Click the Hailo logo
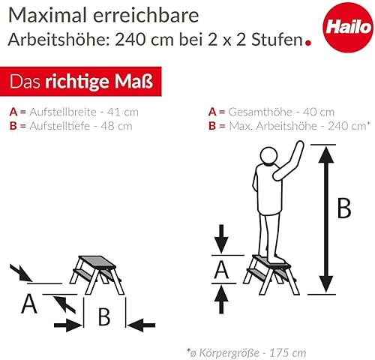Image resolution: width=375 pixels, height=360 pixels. tap(348, 27)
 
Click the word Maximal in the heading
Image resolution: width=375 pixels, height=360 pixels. tap(47, 15)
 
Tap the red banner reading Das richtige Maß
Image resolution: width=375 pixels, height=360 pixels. tap(81, 81)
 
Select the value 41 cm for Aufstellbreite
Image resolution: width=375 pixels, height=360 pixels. tap(123, 112)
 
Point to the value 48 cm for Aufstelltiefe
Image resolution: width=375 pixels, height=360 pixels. tap(116, 126)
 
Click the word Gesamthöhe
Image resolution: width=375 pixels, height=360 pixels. tap(260, 112)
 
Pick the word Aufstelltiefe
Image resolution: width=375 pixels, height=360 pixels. tap(59, 126)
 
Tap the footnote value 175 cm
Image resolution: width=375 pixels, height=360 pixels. tap(287, 353)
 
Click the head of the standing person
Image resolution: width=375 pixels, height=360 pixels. tap(268, 155)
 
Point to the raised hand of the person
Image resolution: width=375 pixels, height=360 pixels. tap(299, 146)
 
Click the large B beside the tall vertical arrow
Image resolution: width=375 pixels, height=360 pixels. tap(344, 208)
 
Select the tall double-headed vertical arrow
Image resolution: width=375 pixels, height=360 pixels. tap(326, 220)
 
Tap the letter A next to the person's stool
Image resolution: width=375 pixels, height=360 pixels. tap(221, 269)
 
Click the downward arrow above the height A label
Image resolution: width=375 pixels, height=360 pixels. tap(221, 239)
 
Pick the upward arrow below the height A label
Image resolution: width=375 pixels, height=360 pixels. tap(221, 299)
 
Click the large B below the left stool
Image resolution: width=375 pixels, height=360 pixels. tap(104, 316)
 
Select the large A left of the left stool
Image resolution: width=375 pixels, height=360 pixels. tap(29, 304)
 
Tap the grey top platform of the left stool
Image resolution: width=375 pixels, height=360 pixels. tap(97, 262)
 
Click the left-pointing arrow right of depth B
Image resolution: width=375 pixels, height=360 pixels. tap(141, 325)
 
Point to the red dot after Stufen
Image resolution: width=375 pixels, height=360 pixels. tap(308, 43)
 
